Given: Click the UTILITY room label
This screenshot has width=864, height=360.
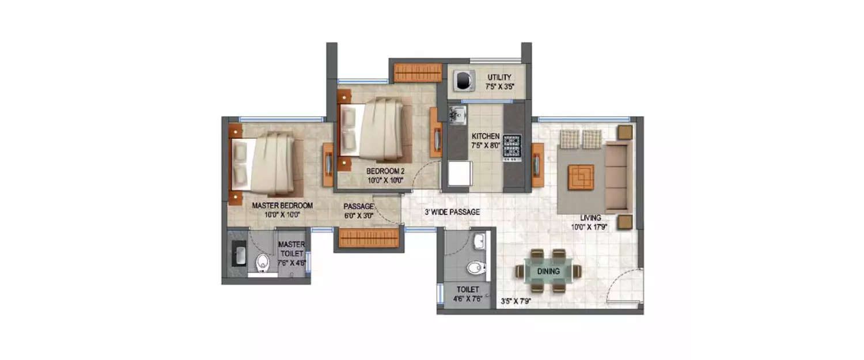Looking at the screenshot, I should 499,77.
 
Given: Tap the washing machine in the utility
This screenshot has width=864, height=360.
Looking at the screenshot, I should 463,81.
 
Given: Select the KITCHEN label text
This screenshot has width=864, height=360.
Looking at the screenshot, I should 486,136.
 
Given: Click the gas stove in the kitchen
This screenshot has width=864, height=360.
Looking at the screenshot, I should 512,147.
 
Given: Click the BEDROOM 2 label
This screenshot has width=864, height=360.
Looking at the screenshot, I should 386,171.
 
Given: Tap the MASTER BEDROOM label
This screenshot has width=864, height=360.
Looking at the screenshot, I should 282,206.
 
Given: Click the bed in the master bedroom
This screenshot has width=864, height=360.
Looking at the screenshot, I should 267,164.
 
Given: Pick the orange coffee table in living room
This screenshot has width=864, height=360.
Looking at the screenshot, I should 581,177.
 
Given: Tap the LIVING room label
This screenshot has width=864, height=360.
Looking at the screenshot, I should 591,218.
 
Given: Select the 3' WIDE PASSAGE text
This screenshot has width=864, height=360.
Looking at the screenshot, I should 452,212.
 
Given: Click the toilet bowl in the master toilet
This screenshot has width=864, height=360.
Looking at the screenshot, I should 263,263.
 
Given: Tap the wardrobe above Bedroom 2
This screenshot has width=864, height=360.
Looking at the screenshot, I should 418,72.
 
